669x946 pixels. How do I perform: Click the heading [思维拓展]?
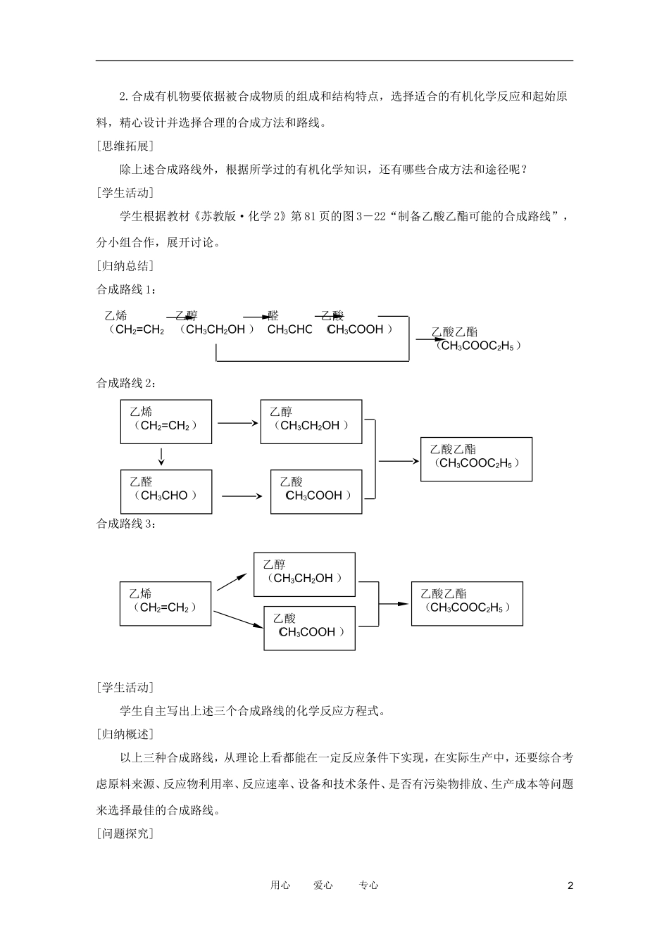tap(125, 146)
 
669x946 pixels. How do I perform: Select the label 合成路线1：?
tap(126, 290)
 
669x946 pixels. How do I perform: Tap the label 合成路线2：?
tap(126, 383)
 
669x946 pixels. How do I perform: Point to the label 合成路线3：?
tap(126, 524)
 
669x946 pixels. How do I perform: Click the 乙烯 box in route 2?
tap(166, 422)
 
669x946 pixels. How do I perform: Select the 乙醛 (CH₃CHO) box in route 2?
tap(166, 492)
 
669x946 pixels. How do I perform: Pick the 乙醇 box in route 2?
tap(311, 422)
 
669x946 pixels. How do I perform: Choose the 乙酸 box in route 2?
tap(316, 492)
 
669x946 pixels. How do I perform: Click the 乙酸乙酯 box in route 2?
tap(476, 460)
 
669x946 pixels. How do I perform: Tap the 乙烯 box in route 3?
tap(165, 604)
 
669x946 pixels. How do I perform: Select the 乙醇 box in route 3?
tap(304, 575)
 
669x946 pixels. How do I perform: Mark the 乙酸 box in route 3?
tap(309, 629)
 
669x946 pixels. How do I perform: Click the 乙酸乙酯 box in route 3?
tap(467, 604)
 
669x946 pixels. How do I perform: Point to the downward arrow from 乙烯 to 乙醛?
tap(161, 457)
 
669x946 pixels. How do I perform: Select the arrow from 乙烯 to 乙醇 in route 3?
tap(232, 582)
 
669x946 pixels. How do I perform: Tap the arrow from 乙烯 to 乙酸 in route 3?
tap(238, 619)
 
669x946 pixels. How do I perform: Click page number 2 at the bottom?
tap(570, 885)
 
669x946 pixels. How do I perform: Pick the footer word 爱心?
tap(323, 885)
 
